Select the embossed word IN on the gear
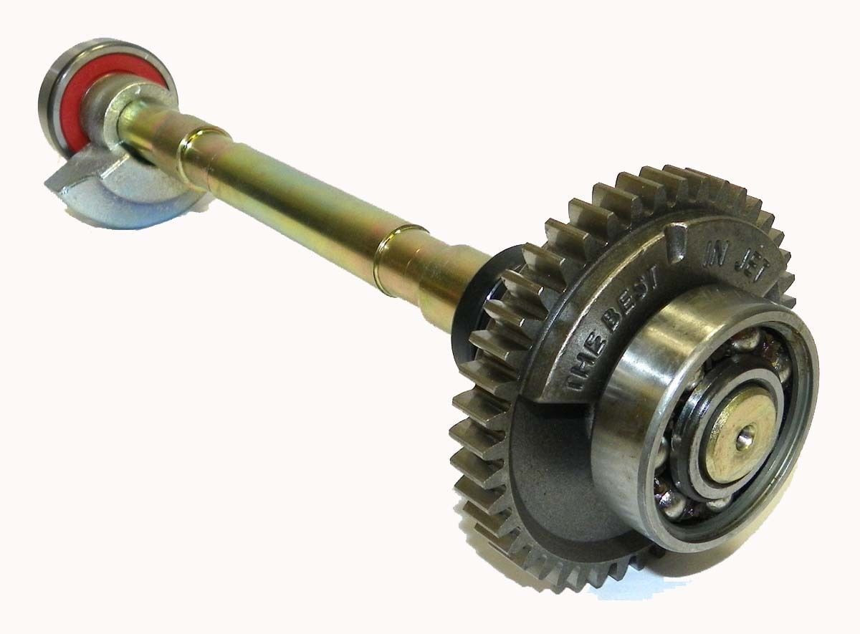point(711,259)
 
